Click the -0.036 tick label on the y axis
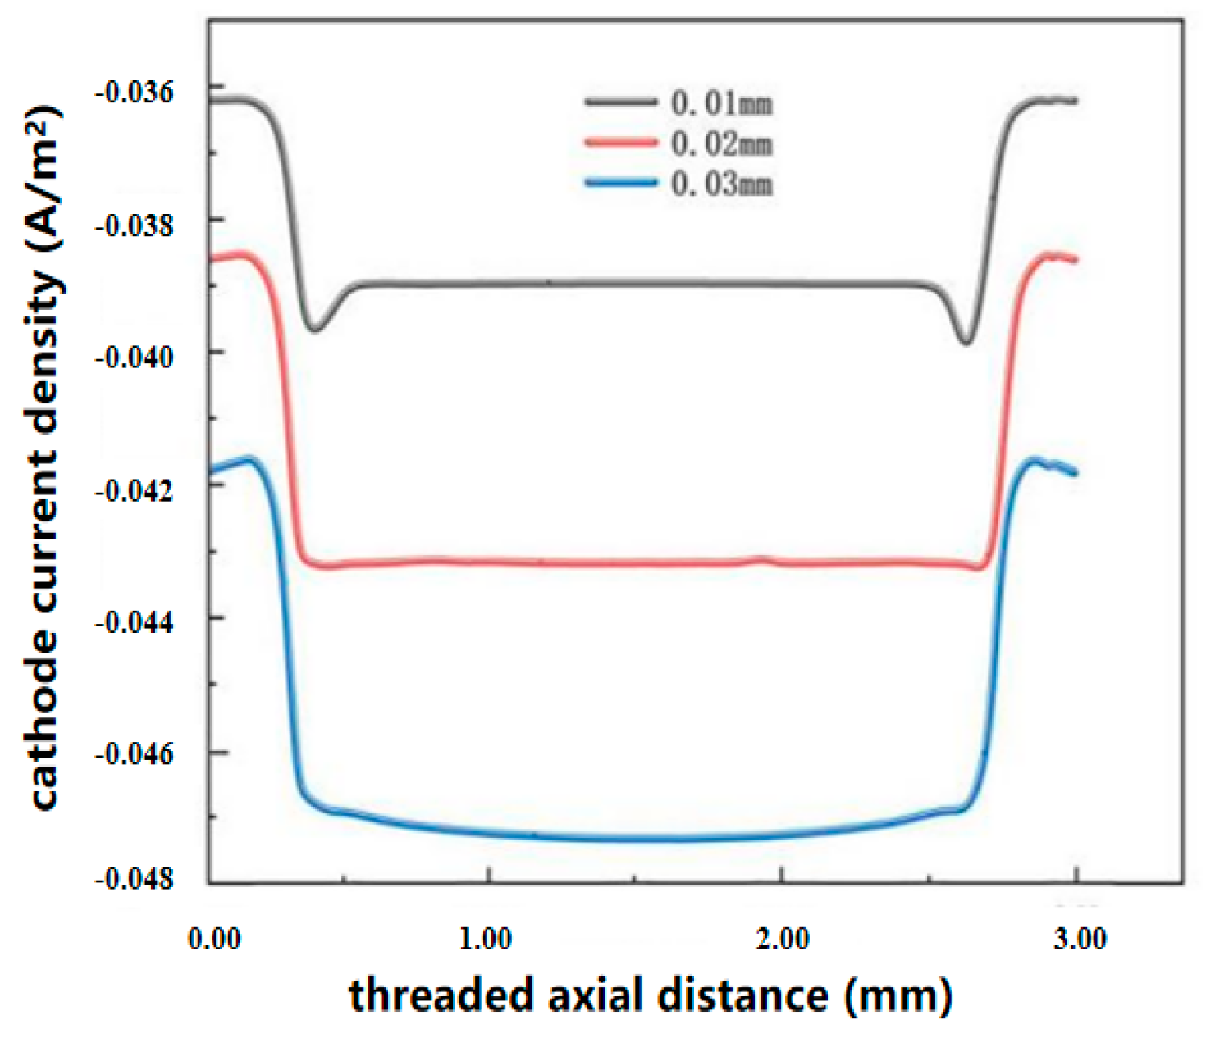(x=135, y=92)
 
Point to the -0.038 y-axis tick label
(x=135, y=225)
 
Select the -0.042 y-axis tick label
(x=135, y=489)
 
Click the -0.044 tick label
(x=135, y=622)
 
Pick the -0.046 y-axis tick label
(x=135, y=754)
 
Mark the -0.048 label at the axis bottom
(x=135, y=879)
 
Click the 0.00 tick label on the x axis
(x=214, y=938)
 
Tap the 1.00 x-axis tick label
(x=486, y=938)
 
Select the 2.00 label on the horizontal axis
(x=783, y=938)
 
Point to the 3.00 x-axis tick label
(x=1080, y=938)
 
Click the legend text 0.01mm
(x=721, y=103)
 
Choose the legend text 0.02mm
(x=721, y=143)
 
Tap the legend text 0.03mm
(x=721, y=184)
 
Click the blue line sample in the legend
(x=621, y=183)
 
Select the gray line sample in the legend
(x=621, y=102)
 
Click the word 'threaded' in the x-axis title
(x=441, y=995)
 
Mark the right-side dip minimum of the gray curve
(x=967, y=342)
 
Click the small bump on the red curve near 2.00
(x=763, y=560)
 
